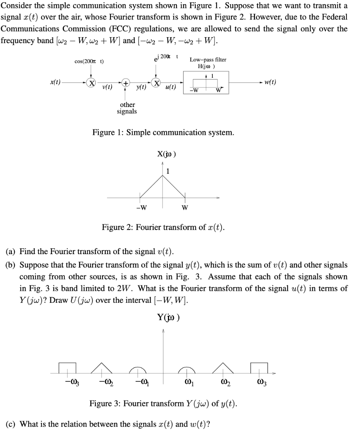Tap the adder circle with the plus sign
(x=126, y=83)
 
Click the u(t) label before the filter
(x=171, y=88)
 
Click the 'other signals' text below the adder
(x=127, y=108)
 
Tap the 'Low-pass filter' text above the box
(x=208, y=60)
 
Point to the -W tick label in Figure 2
(x=141, y=207)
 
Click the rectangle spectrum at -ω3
(x=67, y=368)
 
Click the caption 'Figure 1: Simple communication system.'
(x=163, y=132)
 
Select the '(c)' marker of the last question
(x=11, y=424)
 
